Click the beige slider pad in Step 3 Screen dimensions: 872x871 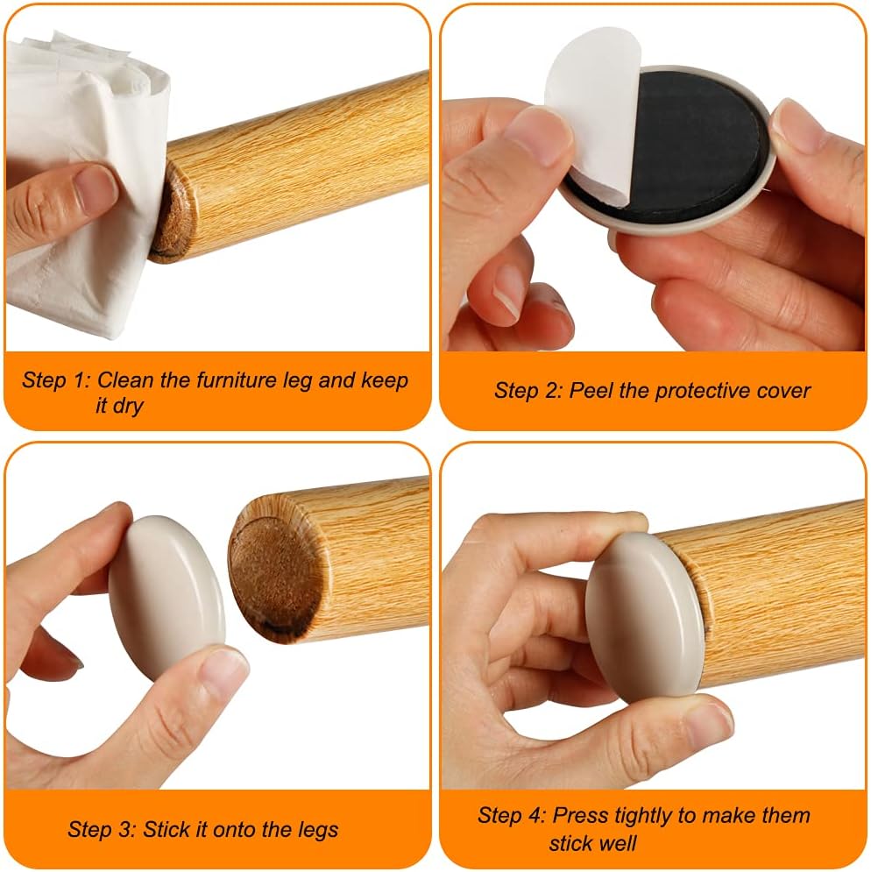tap(166, 596)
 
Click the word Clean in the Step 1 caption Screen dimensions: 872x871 tap(123, 380)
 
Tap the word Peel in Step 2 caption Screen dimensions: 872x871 tap(590, 390)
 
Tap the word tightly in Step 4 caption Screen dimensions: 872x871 tap(645, 816)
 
